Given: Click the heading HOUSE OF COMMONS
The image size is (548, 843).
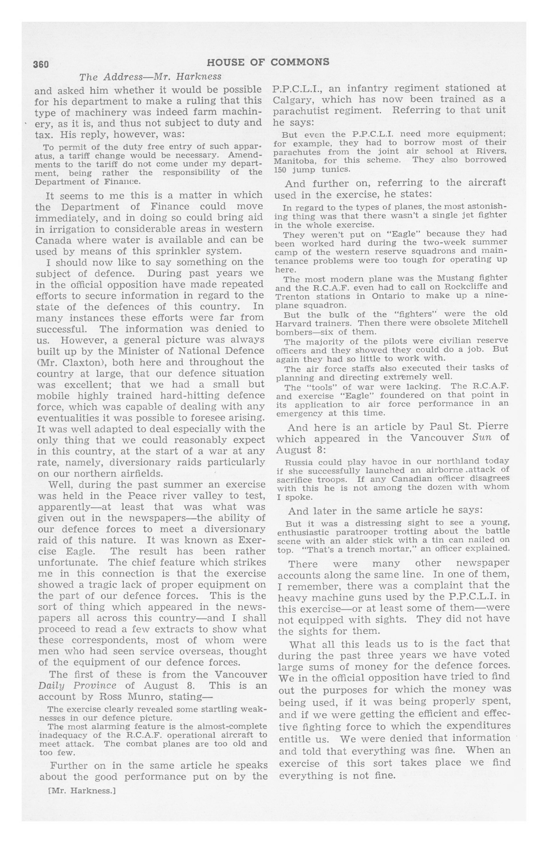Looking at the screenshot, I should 268,62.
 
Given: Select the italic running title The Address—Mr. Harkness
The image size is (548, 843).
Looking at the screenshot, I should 150,77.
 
